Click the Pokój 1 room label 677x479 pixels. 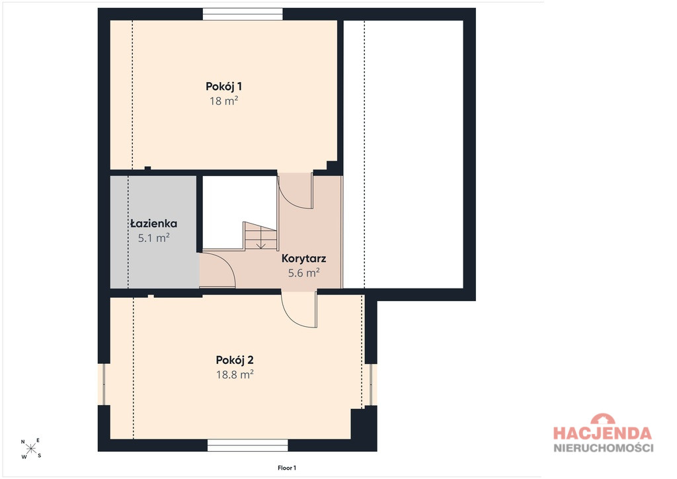tap(223, 87)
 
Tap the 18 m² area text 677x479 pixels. tap(223, 101)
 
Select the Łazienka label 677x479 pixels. tap(153, 224)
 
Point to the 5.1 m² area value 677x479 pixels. tap(153, 238)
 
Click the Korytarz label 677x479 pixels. tap(303, 259)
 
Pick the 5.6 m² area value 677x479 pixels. tap(303, 273)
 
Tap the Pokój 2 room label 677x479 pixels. tap(235, 360)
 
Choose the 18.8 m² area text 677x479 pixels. tap(235, 374)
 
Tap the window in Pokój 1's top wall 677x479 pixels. tap(243, 15)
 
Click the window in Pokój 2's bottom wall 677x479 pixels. tap(247, 445)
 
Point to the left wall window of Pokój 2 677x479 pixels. tap(104, 384)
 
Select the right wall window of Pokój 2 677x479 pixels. tap(371, 384)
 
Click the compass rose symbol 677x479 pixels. tap(31, 449)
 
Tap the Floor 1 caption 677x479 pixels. tap(287, 468)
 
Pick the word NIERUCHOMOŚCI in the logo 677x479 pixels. tap(603, 447)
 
